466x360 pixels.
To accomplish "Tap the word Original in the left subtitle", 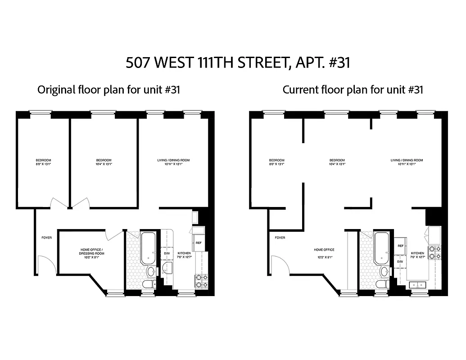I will pos(55,90).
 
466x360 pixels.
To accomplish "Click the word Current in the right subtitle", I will pos(299,90).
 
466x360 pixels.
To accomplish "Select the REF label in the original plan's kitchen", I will pos(198,243).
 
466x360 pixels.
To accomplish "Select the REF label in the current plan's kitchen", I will pos(400,246).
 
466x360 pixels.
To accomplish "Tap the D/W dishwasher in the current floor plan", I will pos(400,261).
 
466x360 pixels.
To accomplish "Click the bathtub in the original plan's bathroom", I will pos(148,248).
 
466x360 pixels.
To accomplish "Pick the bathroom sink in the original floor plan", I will pos(151,271).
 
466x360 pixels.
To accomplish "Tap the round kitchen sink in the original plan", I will pos(169,269).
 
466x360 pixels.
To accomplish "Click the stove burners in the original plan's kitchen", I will pos(201,281).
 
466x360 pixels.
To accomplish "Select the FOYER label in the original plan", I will pos(46,238).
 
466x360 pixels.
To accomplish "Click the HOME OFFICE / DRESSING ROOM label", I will pos(91,252).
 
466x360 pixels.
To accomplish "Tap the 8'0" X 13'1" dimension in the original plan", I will pos(44,164).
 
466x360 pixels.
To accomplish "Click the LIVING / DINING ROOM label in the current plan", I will pos(407,160).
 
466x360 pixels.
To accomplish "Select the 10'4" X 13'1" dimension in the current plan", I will pos(337,164).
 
